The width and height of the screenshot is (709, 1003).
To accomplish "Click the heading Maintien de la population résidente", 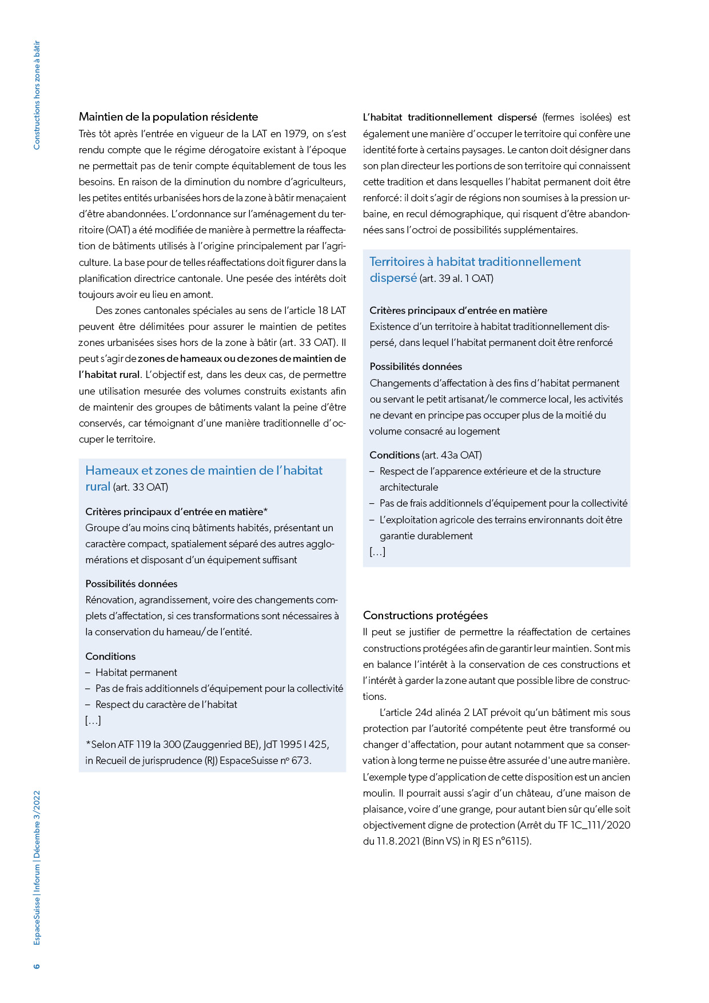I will (x=168, y=117).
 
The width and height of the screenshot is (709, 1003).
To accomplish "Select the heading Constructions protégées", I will (x=425, y=615).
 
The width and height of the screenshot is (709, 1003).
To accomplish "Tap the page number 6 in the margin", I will (x=37, y=966).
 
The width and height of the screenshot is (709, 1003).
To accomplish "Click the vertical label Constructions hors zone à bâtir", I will (x=37, y=95).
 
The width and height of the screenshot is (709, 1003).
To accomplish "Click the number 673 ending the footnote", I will (x=300, y=761).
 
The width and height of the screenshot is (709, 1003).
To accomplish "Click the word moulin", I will (x=379, y=793).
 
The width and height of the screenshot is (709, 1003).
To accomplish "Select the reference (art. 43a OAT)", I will (x=452, y=455).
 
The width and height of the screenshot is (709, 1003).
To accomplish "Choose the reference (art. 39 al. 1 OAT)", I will (x=456, y=278).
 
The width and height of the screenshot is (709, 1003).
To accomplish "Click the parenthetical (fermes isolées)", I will (x=577, y=117).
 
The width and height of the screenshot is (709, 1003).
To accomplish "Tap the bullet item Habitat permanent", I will (x=136, y=672).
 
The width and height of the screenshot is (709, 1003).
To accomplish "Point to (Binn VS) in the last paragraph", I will (x=441, y=841).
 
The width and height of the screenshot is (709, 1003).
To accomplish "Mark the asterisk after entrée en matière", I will (x=265, y=511).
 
